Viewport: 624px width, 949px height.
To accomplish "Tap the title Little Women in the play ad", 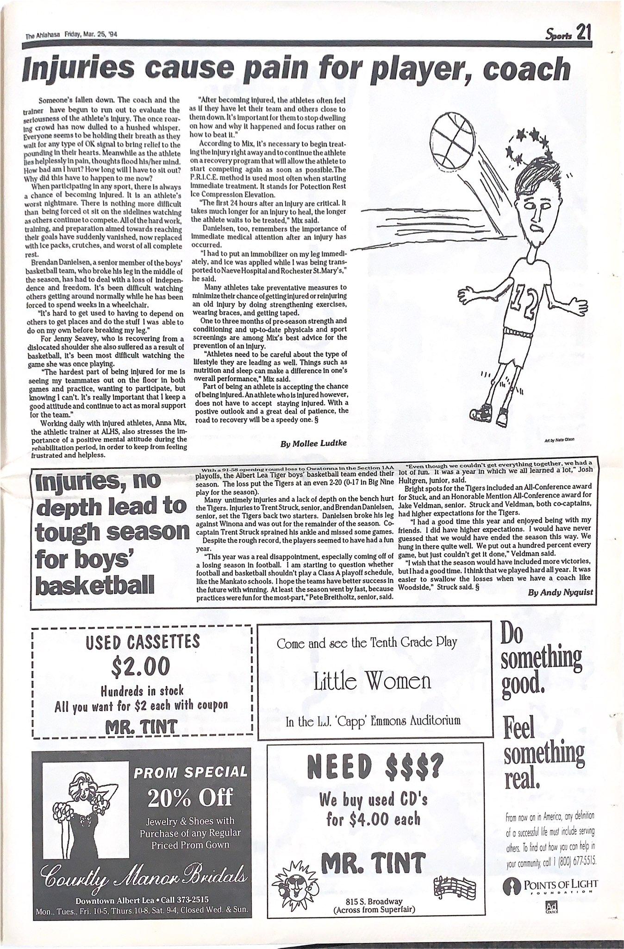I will click(372, 681).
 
